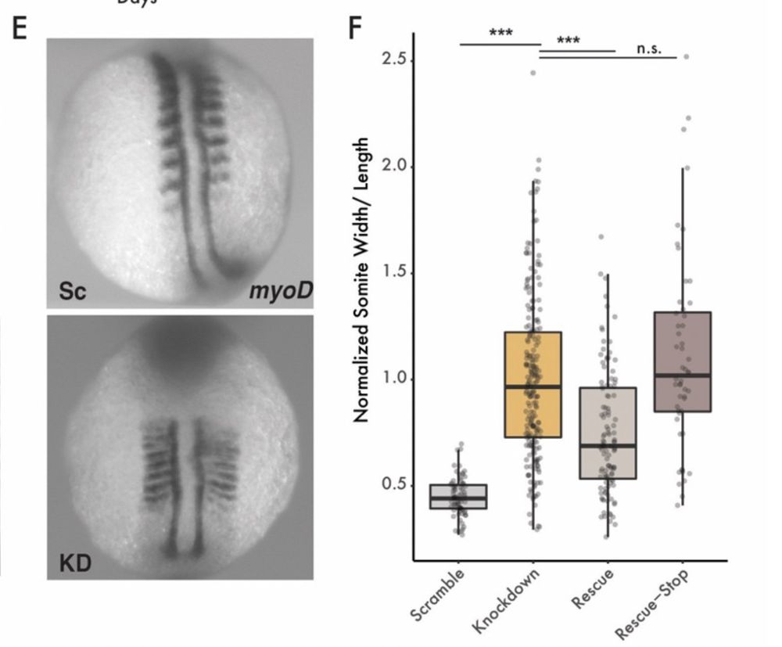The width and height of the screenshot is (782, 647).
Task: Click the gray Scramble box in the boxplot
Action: coord(458,497)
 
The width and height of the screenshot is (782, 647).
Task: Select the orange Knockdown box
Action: coord(533,384)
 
